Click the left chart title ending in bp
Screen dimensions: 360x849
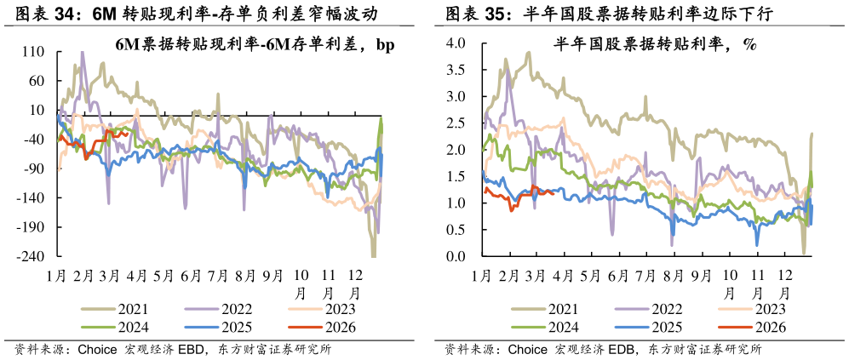click(255, 45)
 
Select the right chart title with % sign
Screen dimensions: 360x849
click(655, 45)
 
